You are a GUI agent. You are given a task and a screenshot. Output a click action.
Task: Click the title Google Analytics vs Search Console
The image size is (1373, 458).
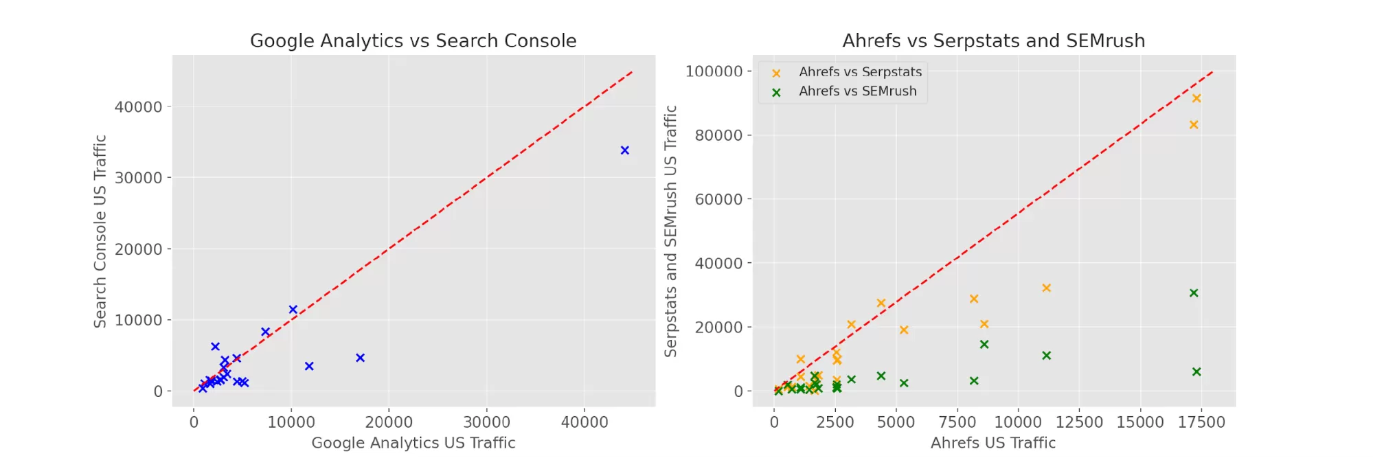(x=413, y=41)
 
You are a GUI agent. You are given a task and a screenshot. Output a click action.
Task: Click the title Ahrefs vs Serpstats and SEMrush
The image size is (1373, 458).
(x=993, y=41)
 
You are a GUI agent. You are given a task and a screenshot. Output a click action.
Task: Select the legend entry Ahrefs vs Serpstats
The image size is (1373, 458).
(x=860, y=71)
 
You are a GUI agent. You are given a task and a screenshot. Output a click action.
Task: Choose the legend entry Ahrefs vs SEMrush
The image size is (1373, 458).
(x=857, y=91)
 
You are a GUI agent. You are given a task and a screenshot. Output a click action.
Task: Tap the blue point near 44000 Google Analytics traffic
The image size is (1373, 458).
(x=624, y=150)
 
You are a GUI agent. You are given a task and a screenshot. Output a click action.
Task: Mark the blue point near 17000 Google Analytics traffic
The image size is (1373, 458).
(x=360, y=358)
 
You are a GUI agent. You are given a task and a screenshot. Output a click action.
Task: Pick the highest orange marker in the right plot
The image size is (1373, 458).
(x=1196, y=98)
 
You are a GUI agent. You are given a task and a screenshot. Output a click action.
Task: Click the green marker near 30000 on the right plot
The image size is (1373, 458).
(x=1193, y=293)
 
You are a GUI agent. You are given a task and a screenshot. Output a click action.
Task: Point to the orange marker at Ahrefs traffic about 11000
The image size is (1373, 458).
(x=1046, y=288)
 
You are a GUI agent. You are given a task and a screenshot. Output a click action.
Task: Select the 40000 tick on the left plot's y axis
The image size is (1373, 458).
(x=138, y=107)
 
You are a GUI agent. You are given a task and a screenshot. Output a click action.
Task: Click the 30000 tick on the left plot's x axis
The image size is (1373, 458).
(x=486, y=422)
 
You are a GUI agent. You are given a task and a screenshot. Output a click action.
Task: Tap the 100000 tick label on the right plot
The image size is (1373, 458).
(x=714, y=71)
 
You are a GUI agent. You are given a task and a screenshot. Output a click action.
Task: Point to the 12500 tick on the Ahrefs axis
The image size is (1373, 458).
(x=1078, y=422)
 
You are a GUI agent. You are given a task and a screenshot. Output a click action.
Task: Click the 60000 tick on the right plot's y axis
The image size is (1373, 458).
(x=718, y=199)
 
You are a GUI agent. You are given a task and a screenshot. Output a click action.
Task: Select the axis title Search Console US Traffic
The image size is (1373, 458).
(x=100, y=231)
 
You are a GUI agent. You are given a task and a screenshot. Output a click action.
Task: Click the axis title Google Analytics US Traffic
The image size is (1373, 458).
(x=413, y=443)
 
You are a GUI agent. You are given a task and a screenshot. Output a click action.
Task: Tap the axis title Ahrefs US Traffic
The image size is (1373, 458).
(x=992, y=443)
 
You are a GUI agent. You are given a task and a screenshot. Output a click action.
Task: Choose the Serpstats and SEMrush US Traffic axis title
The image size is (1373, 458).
(x=670, y=231)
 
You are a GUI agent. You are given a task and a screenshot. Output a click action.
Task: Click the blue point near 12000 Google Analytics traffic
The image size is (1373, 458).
(x=309, y=367)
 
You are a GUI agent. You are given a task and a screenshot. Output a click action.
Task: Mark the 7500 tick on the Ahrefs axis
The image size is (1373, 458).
(x=957, y=422)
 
